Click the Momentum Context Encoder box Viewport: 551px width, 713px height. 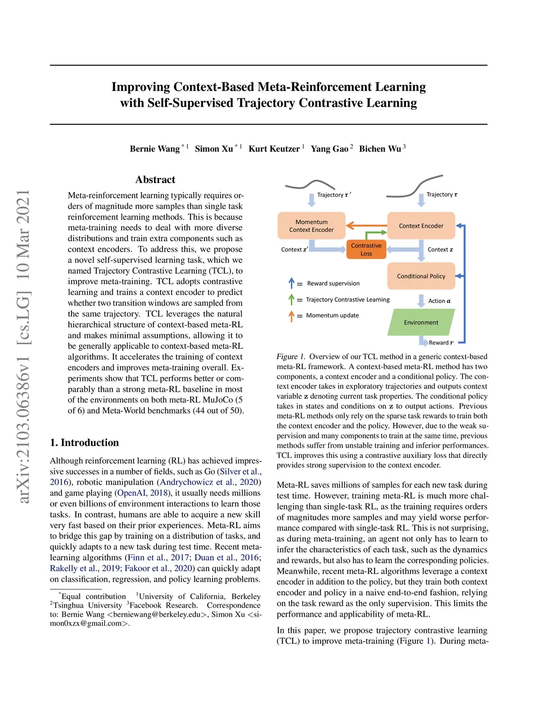(x=311, y=226)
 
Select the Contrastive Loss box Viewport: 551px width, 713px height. (x=366, y=250)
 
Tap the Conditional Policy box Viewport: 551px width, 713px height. (x=421, y=276)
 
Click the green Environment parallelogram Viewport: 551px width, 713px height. (x=421, y=322)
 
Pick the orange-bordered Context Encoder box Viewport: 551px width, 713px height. (x=421, y=226)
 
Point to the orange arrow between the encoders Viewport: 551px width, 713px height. (x=366, y=226)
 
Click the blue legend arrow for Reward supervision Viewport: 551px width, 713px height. (x=292, y=283)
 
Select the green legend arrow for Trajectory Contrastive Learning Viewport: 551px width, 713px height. (x=292, y=299)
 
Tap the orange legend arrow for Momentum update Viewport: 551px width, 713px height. (x=292, y=316)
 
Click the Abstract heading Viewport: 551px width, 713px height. (x=155, y=180)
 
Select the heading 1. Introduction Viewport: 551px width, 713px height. (x=84, y=443)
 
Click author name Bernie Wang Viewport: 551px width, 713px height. (x=154, y=149)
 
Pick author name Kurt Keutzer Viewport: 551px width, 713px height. (x=274, y=149)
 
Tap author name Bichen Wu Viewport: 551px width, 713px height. (x=380, y=149)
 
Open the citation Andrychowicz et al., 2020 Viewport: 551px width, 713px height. (x=209, y=482)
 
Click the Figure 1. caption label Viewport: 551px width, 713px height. (x=291, y=357)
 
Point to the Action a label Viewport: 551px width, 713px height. (x=439, y=301)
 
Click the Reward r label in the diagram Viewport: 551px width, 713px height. (x=441, y=343)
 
